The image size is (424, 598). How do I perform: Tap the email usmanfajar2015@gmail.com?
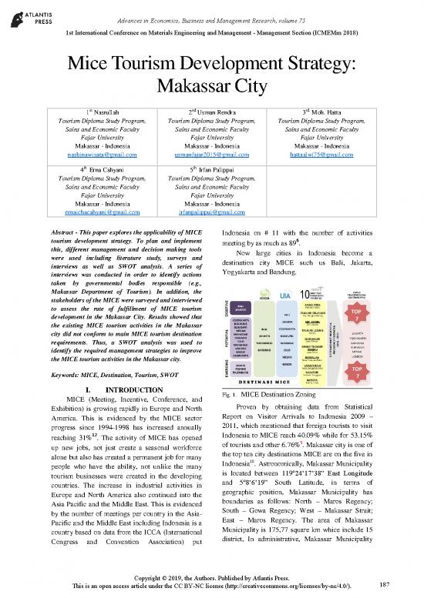click(x=210, y=155)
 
